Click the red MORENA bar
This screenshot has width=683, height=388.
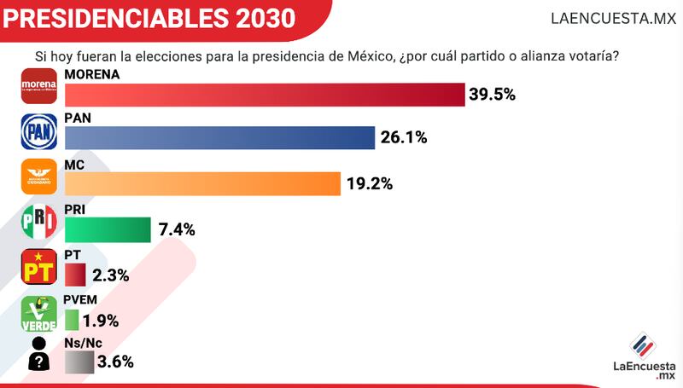coord(265,93)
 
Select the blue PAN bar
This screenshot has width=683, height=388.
coord(220,138)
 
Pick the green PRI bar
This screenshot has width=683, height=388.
coord(108,229)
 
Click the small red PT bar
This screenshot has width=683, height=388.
coord(75,275)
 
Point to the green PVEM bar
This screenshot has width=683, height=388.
coord(72,321)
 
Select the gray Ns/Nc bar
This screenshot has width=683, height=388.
coord(79,362)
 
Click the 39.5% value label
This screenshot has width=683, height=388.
coord(492,94)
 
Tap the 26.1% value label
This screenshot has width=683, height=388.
coord(404,138)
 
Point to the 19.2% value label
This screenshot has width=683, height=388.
coord(369,183)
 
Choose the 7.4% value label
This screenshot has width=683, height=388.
coord(178,229)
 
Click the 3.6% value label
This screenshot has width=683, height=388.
coord(116,362)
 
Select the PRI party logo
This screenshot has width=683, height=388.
coord(38,222)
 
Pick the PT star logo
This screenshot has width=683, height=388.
coord(38,268)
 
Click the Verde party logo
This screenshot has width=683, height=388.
coord(38,314)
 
